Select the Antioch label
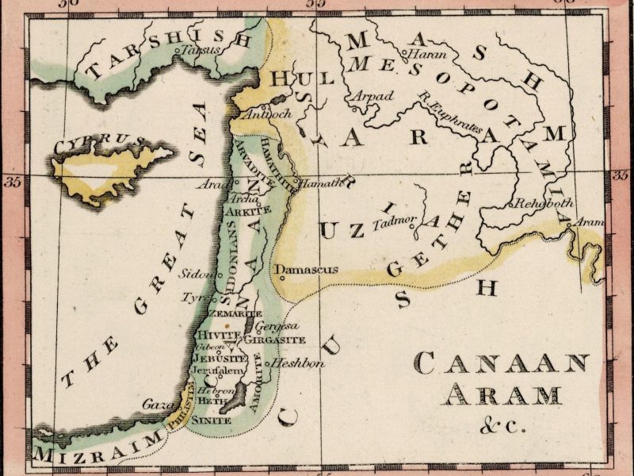click(272, 113)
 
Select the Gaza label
click(156, 405)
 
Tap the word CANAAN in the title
click(502, 364)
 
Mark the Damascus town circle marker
click(278, 278)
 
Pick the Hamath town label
click(323, 183)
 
